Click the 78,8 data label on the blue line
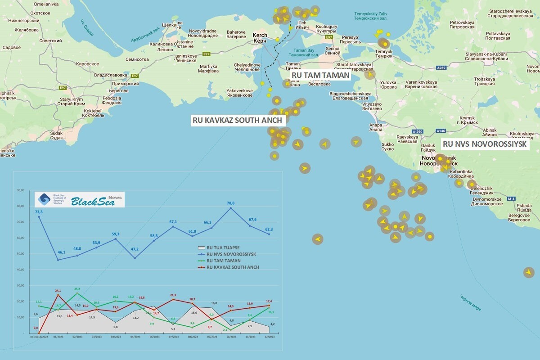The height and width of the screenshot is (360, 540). [x=230, y=203]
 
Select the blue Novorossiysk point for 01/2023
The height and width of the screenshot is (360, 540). [x=58, y=260]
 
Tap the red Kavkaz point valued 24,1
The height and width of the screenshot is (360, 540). [x=58, y=295]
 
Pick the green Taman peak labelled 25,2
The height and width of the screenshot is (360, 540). [x=77, y=293]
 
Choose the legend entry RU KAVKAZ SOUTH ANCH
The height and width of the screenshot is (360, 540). [x=232, y=267]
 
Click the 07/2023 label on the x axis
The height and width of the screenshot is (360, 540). [x=173, y=336]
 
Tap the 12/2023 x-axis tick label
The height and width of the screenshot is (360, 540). [x=269, y=336]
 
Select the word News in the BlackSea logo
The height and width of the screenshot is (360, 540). [x=115, y=198]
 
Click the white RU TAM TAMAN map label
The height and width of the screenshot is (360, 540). [x=320, y=75]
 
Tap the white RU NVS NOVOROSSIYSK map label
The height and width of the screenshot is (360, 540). [x=484, y=144]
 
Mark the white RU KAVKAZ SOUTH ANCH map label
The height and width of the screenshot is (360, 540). [x=237, y=120]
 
